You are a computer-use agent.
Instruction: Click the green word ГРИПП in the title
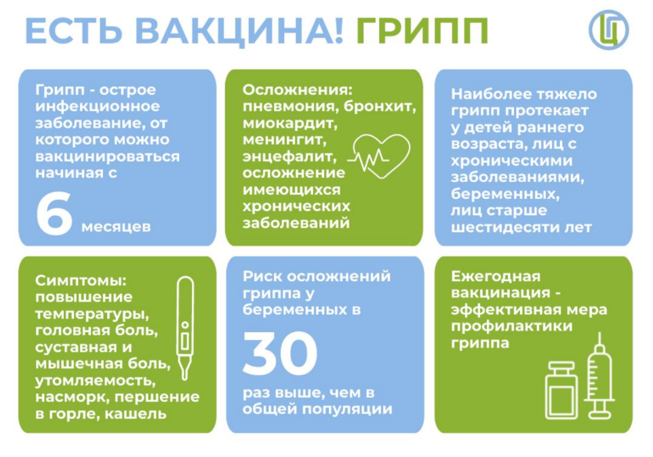point(422,31)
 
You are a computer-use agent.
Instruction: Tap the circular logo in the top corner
point(608,30)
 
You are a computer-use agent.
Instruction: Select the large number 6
point(54,213)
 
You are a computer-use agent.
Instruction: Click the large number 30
point(280,352)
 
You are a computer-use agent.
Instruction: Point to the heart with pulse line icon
point(380,156)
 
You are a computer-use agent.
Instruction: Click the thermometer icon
point(185,327)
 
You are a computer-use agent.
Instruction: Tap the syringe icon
point(599,376)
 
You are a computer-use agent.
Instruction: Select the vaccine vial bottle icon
point(561,390)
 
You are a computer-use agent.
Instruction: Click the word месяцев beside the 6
point(116,227)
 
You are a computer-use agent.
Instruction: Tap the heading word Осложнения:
point(298,90)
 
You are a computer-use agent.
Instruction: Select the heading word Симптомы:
point(81,280)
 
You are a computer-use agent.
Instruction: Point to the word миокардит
point(290,124)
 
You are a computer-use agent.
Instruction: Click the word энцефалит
point(290,157)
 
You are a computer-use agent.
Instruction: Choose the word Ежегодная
point(496,276)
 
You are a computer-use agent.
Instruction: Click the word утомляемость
point(96,381)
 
